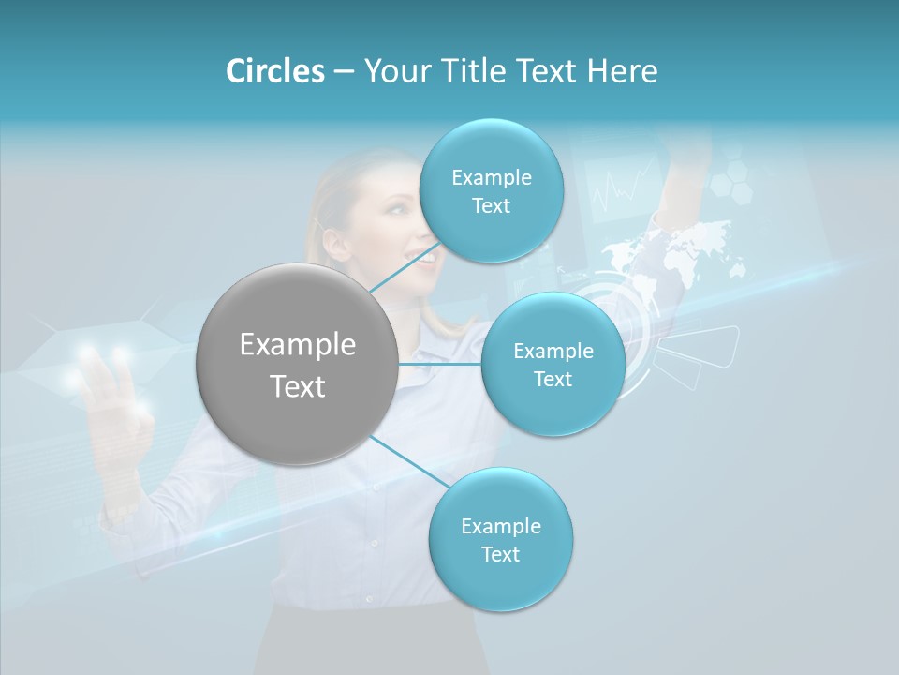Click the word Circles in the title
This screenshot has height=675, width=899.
tap(274, 71)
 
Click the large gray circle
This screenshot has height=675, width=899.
tap(297, 364)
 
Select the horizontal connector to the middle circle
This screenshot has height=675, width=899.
tap(440, 364)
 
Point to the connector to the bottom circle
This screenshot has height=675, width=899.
tap(409, 463)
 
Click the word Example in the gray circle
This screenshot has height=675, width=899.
tap(297, 345)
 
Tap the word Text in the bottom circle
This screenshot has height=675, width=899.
tap(500, 554)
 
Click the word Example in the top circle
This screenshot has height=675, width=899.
tap(491, 177)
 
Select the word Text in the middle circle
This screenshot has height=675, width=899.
tap(553, 379)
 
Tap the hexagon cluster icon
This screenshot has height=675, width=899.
tap(730, 178)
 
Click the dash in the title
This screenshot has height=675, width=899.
tap(343, 72)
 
